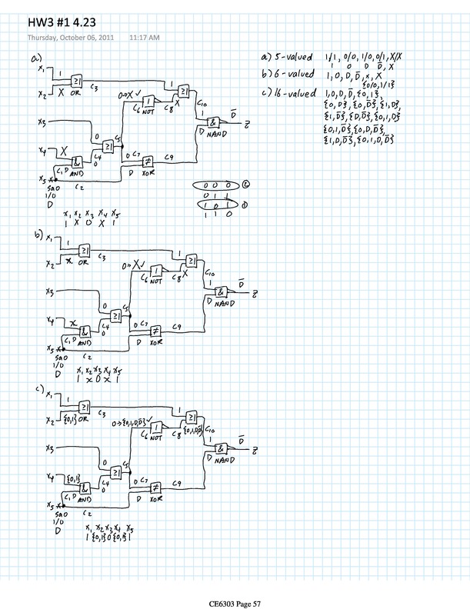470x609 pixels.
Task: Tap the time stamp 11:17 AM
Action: [144, 36]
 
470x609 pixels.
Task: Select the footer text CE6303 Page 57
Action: [234, 584]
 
